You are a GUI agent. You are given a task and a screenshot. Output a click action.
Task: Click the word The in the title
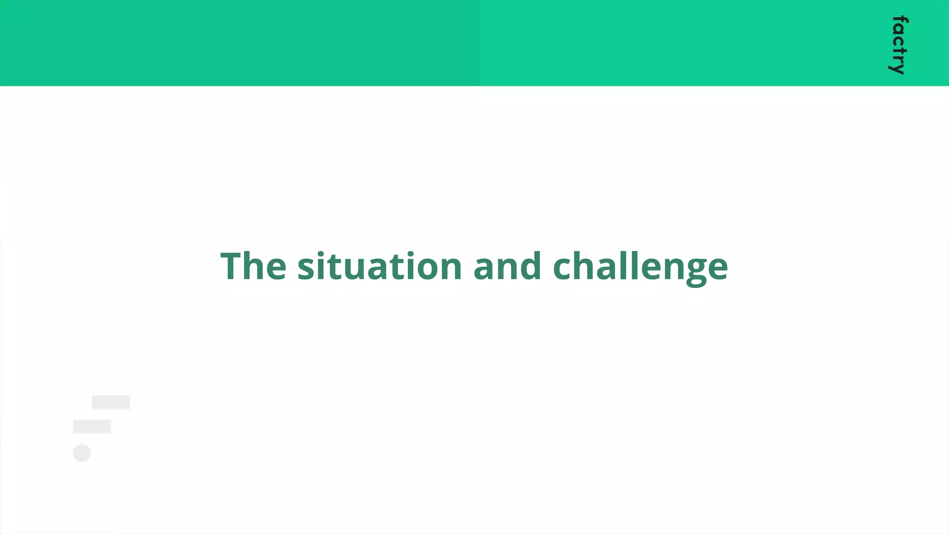click(x=253, y=266)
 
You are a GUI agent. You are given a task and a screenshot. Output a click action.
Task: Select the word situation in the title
click(x=380, y=266)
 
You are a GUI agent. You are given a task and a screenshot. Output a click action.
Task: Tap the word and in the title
click(x=507, y=266)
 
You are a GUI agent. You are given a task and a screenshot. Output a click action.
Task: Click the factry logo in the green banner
click(x=899, y=45)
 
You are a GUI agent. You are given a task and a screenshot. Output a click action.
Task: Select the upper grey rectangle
click(x=111, y=402)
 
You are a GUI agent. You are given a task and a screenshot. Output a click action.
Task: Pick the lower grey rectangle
click(x=92, y=426)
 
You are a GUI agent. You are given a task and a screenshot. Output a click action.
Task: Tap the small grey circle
click(x=82, y=453)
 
